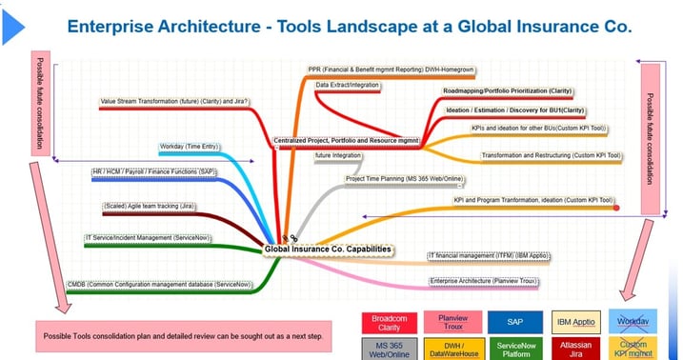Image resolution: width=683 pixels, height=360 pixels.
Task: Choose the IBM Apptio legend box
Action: click(x=575, y=323)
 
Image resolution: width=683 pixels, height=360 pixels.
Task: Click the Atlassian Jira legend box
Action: click(x=575, y=348)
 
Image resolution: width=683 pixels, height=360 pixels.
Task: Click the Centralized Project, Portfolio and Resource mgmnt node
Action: click(x=347, y=140)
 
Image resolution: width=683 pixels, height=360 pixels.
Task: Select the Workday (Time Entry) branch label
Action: click(x=190, y=147)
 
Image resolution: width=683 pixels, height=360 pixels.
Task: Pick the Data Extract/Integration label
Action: click(x=348, y=85)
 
